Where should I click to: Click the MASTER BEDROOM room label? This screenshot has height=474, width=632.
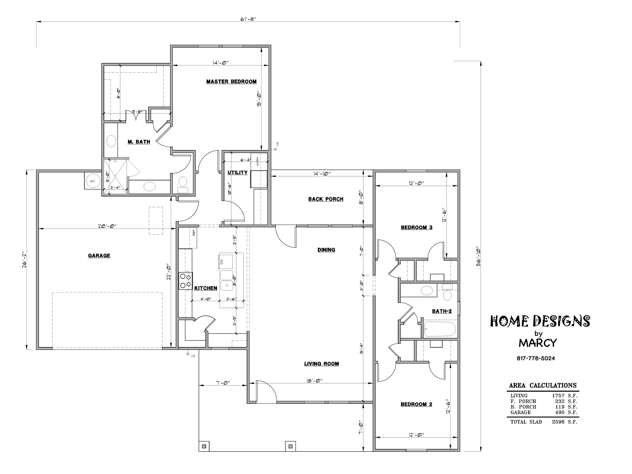pyautogui.click(x=231, y=82)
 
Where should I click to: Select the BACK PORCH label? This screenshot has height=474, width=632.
pyautogui.click(x=326, y=199)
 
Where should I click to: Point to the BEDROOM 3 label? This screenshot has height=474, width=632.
pyautogui.click(x=417, y=228)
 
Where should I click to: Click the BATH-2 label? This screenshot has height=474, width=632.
pyautogui.click(x=442, y=311)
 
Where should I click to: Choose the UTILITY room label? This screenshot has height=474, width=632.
pyautogui.click(x=237, y=173)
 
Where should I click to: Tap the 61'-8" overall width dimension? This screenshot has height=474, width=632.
pyautogui.click(x=248, y=19)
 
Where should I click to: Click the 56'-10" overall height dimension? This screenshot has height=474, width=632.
pyautogui.click(x=478, y=256)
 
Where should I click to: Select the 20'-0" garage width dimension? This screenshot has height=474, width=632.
pyautogui.click(x=107, y=226)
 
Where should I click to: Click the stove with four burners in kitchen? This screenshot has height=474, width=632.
pyautogui.click(x=185, y=281)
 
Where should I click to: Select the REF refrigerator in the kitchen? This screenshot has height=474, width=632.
pyautogui.click(x=188, y=238)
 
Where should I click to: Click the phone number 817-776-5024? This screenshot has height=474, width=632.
pyautogui.click(x=536, y=358)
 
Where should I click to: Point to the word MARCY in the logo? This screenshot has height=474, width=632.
pyautogui.click(x=538, y=343)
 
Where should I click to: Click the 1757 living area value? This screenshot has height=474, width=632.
pyautogui.click(x=558, y=396)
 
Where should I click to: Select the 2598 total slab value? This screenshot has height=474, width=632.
pyautogui.click(x=558, y=422)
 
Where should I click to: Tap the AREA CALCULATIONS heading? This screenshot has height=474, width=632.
pyautogui.click(x=543, y=386)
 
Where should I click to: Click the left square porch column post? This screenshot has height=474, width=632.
pyautogui.click(x=204, y=446)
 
